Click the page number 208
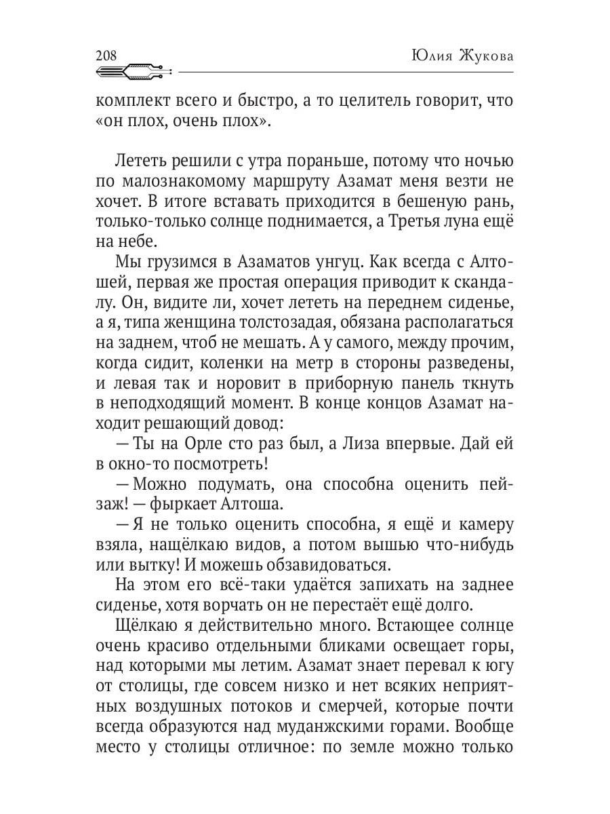[106, 56]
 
